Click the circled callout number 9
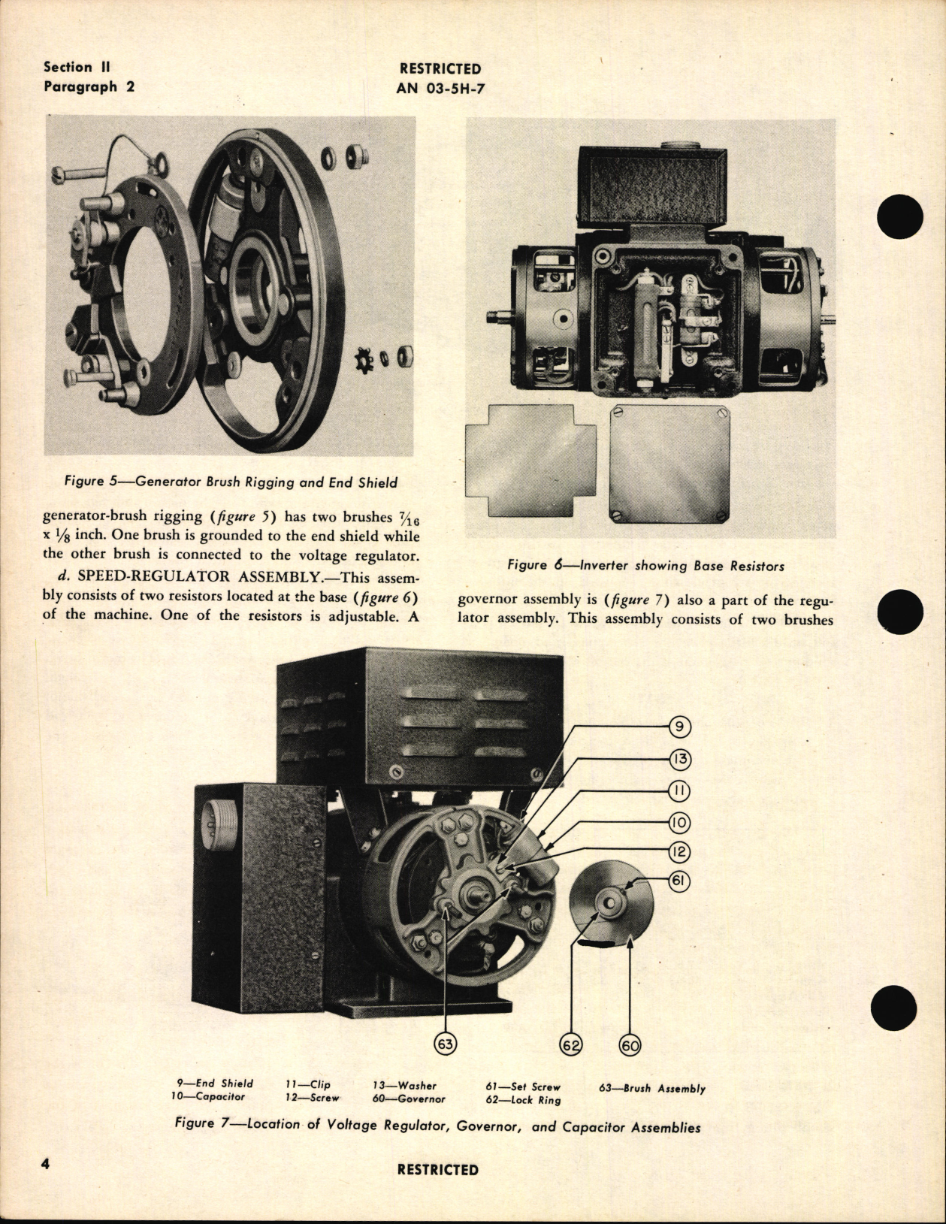pyautogui.click(x=679, y=727)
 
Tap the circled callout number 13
pyautogui.click(x=679, y=759)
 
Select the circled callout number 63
pyautogui.click(x=446, y=1044)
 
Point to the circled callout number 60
pyautogui.click(x=629, y=1044)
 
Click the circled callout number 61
pyautogui.click(x=679, y=881)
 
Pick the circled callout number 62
pyautogui.click(x=572, y=1044)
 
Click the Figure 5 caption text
pyautogui.click(x=231, y=482)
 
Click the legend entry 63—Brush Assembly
pyautogui.click(x=651, y=1088)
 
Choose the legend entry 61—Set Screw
pyautogui.click(x=524, y=1086)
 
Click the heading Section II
pyautogui.click(x=78, y=67)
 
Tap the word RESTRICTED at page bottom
pyautogui.click(x=437, y=1170)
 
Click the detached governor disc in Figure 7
pyautogui.click(x=612, y=902)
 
